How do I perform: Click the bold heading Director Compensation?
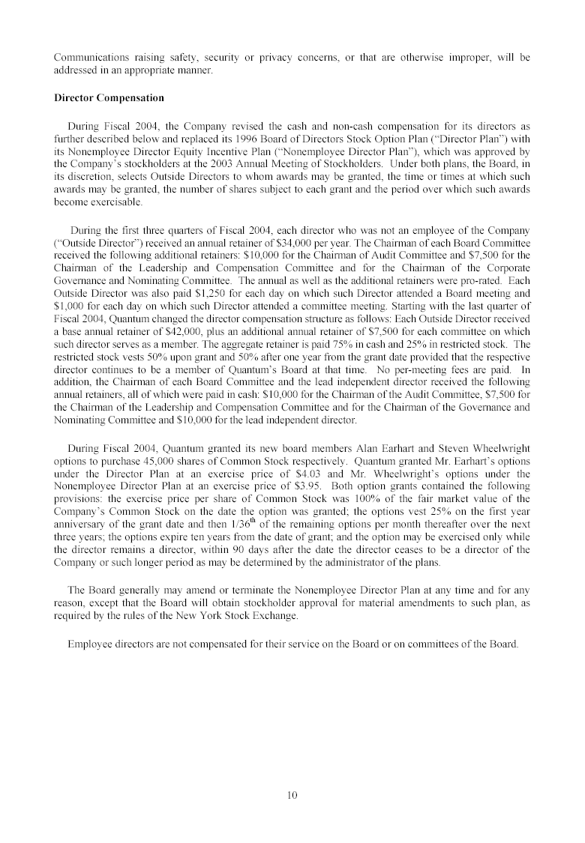pos(109,98)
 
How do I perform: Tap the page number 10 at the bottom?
pos(292,795)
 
